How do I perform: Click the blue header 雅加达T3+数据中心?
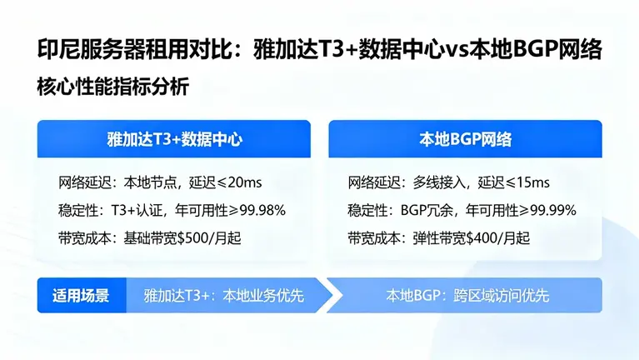[x=173, y=138]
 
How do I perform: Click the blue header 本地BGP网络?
[x=465, y=138]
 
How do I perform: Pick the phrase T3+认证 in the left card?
[x=148, y=210]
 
